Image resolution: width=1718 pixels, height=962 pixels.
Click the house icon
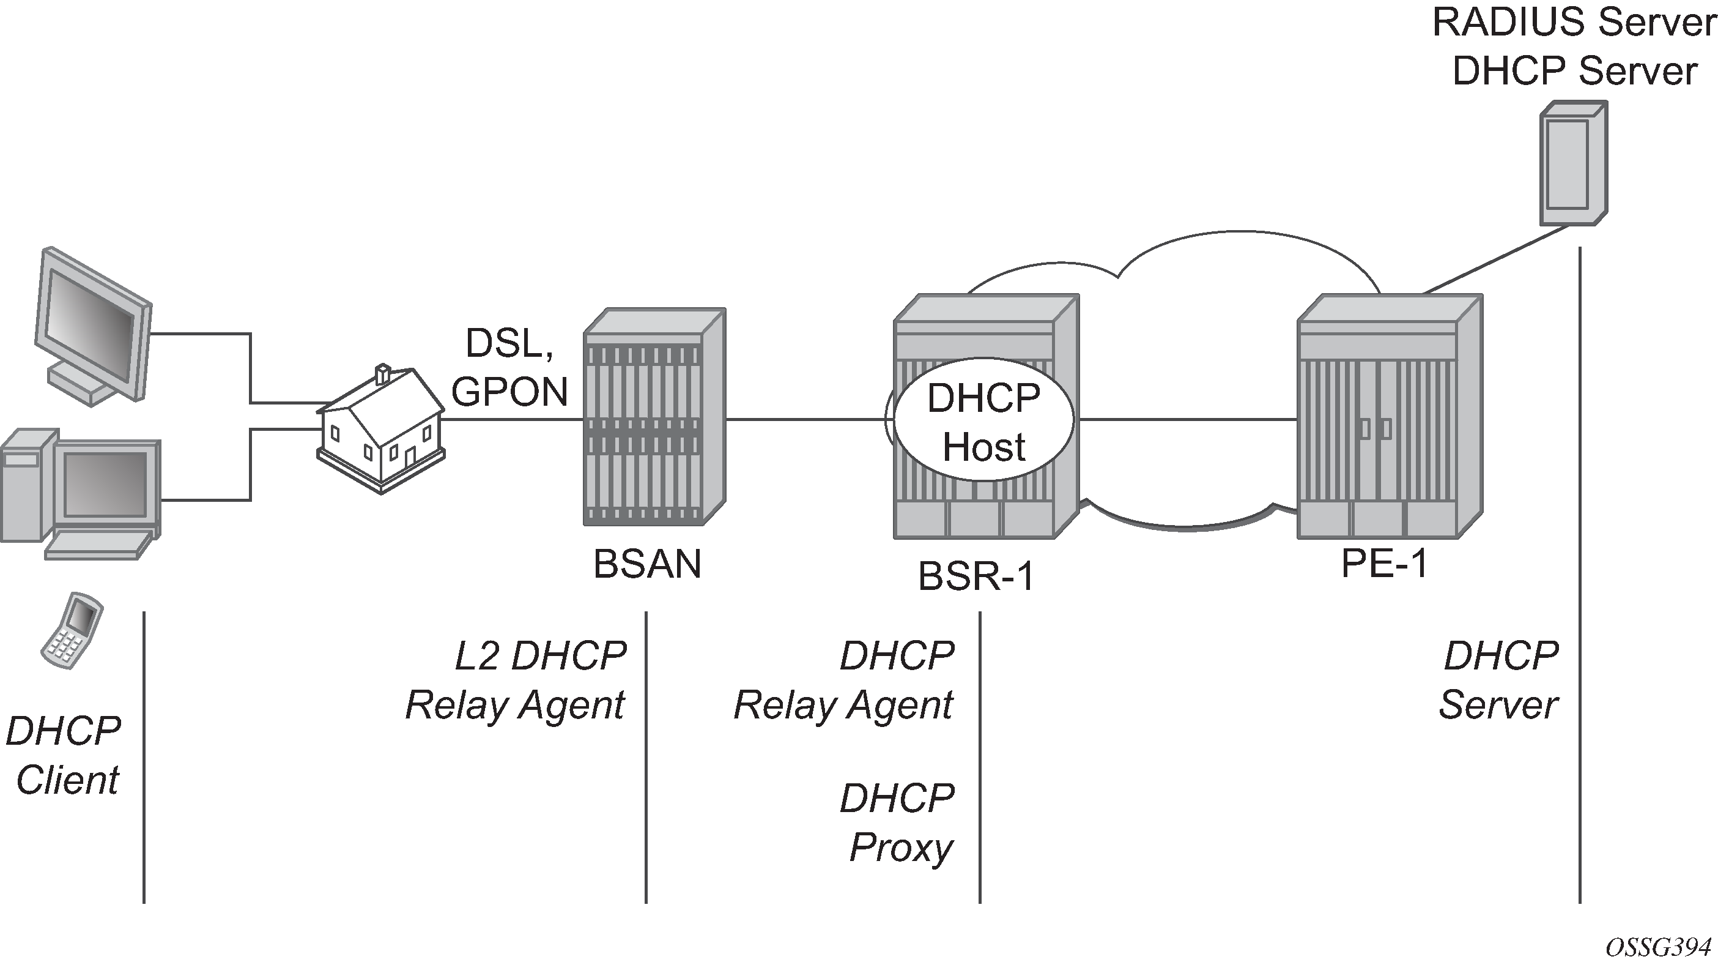(381, 430)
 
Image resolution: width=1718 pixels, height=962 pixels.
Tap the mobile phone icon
(72, 630)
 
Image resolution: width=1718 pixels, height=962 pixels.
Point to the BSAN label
(647, 564)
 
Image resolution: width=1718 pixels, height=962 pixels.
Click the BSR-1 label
(976, 576)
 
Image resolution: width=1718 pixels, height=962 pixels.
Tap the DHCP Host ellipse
(983, 422)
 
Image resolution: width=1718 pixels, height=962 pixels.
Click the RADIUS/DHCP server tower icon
(1572, 163)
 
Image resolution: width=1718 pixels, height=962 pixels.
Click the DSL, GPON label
(509, 368)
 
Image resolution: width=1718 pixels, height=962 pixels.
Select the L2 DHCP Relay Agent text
(516, 680)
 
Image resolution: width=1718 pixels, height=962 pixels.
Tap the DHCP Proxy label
(898, 822)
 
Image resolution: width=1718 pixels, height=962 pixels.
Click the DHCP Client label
(64, 755)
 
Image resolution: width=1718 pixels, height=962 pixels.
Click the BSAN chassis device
(654, 417)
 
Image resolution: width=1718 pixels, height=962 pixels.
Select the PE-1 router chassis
(1390, 417)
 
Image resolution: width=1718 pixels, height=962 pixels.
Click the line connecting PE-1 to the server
(1497, 259)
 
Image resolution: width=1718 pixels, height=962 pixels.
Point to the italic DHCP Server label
(1500, 680)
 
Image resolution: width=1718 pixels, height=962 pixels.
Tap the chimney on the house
(383, 375)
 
